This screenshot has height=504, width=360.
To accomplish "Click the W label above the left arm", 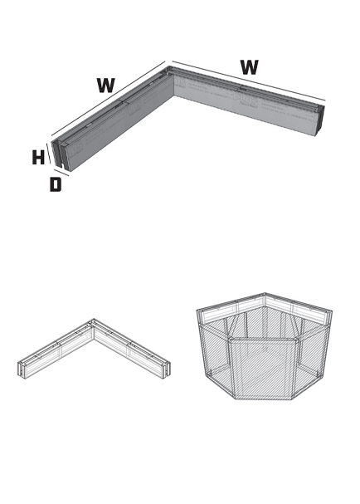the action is [x=105, y=86].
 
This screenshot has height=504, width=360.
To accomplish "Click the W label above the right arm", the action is [x=249, y=67].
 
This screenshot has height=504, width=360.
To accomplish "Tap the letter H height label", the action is [x=38, y=158].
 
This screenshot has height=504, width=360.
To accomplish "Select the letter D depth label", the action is [x=56, y=184].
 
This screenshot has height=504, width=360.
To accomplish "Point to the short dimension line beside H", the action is [x=48, y=154].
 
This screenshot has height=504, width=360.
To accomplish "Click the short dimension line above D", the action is [x=61, y=173].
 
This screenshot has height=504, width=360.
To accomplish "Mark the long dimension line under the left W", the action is [x=108, y=99].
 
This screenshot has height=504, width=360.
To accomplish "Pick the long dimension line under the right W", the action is [x=249, y=81].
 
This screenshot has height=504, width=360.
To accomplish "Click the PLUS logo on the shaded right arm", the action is [x=246, y=100].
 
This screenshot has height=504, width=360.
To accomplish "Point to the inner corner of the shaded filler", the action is [x=173, y=95].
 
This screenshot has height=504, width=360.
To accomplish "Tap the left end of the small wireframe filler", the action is [x=22, y=370].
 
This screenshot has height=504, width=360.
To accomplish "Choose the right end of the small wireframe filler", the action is [x=166, y=370].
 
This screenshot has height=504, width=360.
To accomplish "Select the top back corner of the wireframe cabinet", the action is [x=265, y=293].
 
